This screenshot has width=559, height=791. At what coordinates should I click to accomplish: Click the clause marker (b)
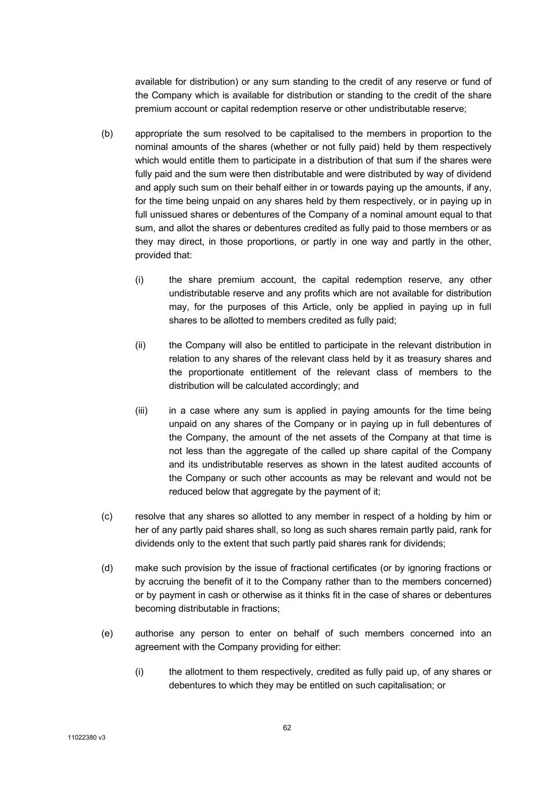point(107,134)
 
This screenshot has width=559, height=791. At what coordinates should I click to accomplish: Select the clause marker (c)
point(107,516)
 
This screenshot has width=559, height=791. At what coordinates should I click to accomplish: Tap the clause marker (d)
point(107,568)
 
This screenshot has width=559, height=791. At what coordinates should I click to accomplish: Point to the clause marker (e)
point(107,633)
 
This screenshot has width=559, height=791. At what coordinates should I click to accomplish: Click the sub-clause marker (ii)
point(140,345)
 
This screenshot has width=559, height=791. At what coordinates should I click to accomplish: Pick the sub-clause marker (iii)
point(141,411)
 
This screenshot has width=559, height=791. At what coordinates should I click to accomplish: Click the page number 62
point(287,728)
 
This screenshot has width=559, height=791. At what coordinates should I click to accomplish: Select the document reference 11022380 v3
point(86,738)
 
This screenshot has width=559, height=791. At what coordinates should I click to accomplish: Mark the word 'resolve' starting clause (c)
point(149,516)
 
